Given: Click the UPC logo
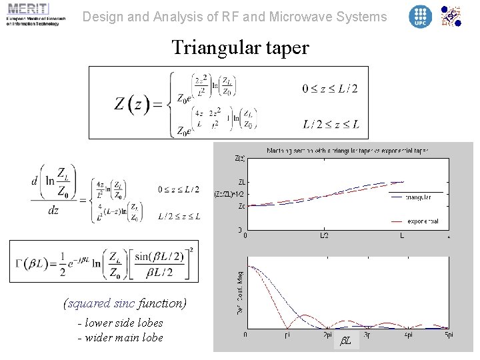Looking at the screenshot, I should tap(420, 16).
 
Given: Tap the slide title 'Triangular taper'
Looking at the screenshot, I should tap(240, 48).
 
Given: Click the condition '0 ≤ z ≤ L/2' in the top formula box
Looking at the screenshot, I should tap(329, 89).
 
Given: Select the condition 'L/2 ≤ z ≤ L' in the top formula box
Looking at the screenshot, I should tap(331, 124).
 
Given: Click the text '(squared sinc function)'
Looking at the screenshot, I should tap(125, 303).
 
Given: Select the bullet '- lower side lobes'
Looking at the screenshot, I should tap(120, 323).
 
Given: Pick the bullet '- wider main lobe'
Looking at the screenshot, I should tap(120, 337).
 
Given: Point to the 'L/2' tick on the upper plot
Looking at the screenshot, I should tap(324, 235).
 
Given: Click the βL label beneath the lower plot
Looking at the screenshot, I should tap(345, 341).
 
